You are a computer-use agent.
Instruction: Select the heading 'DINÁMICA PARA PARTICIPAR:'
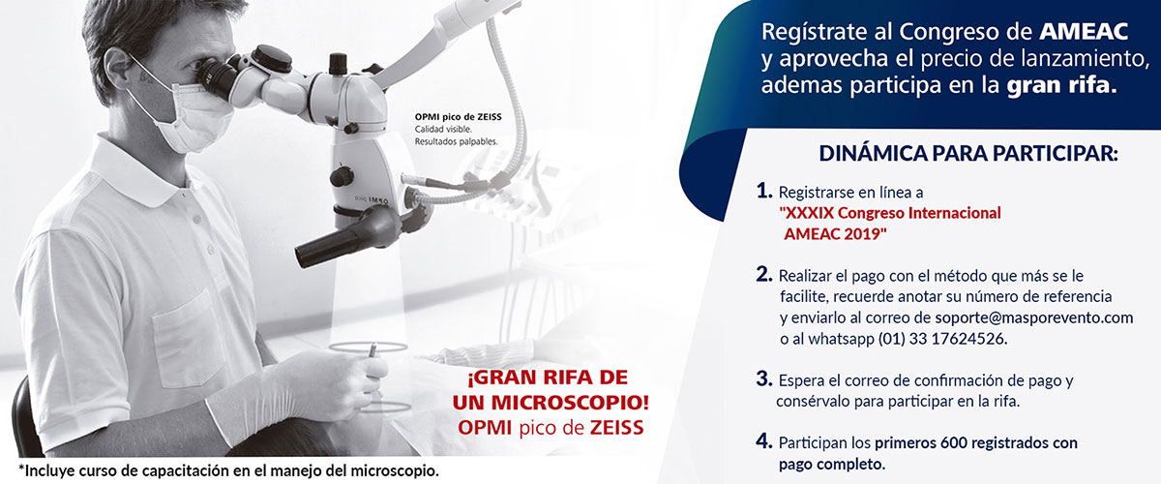(968, 154)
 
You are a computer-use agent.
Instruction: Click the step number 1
(764, 191)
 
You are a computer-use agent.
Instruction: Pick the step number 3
(764, 378)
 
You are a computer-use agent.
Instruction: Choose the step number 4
(764, 441)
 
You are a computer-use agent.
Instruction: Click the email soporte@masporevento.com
(1034, 318)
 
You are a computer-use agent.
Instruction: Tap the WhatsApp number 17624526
(967, 339)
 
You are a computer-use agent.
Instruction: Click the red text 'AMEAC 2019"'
(835, 233)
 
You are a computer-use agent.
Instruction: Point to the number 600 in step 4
(953, 443)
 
